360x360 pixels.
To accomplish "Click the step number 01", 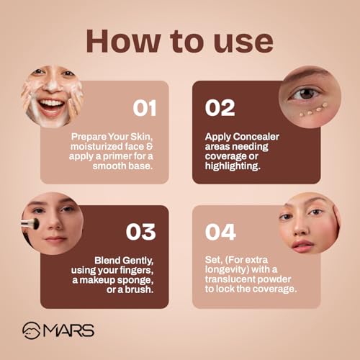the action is click(145, 108).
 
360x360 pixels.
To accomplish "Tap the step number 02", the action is click(220, 108).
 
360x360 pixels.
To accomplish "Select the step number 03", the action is click(141, 232).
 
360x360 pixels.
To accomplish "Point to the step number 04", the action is click(220, 232).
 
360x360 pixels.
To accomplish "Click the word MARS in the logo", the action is click(68, 330).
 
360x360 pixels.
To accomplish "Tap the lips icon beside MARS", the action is click(31, 330).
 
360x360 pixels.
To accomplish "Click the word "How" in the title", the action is click(124, 41).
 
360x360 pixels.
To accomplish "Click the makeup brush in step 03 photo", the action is click(30, 223).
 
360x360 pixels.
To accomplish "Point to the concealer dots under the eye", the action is click(313, 110).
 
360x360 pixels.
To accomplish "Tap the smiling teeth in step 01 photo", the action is click(52, 104).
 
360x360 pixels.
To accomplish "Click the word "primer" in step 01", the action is click(117, 156).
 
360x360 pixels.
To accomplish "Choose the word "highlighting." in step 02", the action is click(233, 166).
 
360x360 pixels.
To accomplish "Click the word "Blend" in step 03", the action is click(108, 261).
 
